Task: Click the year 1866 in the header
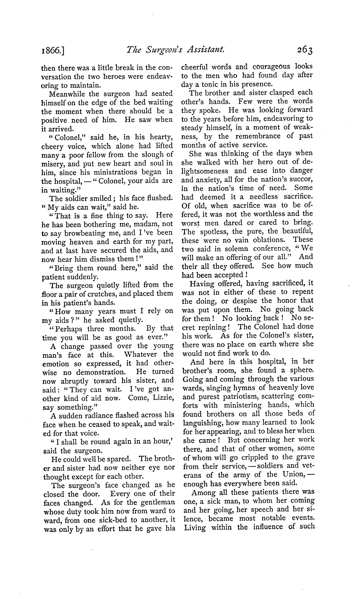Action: pyautogui.click(x=52, y=51)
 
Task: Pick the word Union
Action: pyautogui.click(x=294, y=475)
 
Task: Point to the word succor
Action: pyautogui.click(x=299, y=179)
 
